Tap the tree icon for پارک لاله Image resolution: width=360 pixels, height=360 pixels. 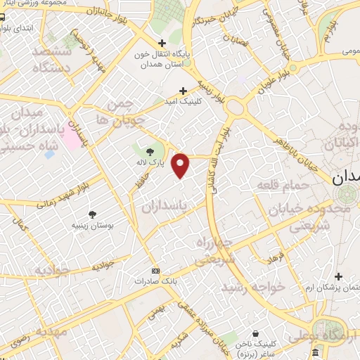click(149, 150)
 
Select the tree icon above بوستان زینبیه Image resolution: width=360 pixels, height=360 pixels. click(93, 214)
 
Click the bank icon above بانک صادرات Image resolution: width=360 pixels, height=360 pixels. click(155, 271)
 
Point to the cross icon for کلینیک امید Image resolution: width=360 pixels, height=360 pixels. click(184, 91)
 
